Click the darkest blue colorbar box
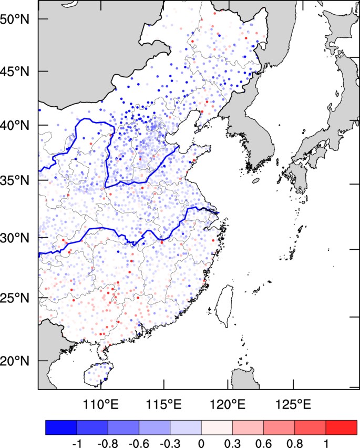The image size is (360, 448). click(61, 427)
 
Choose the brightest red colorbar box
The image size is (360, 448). click(342, 427)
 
